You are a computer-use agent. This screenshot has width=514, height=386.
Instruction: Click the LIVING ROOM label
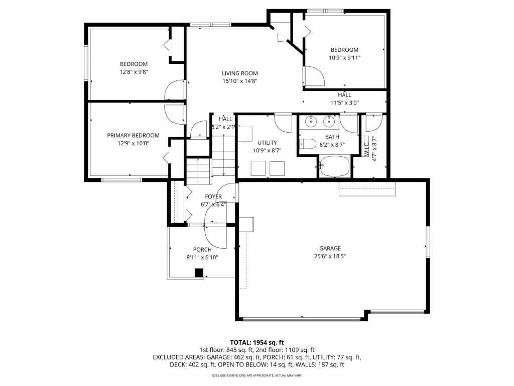pyautogui.click(x=239, y=73)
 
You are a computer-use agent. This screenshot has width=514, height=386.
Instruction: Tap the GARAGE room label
pyautogui.click(x=330, y=248)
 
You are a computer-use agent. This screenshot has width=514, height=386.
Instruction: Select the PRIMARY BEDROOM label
pyautogui.click(x=133, y=135)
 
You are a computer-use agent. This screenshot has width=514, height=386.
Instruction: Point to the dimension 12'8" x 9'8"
pyautogui.click(x=134, y=72)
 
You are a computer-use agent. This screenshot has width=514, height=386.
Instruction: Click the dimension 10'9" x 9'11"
pyautogui.click(x=344, y=58)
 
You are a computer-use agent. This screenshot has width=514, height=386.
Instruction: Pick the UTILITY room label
pyautogui.click(x=267, y=143)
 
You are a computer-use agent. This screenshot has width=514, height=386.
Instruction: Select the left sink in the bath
pyautogui.click(x=311, y=121)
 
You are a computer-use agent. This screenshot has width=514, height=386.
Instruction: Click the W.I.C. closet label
pyautogui.click(x=367, y=148)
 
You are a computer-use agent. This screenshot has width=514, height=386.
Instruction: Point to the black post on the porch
pyautogui.click(x=199, y=273)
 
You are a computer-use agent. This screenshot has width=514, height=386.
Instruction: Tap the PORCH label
pyautogui.click(x=202, y=250)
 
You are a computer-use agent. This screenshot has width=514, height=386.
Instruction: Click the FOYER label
pyautogui.click(x=213, y=197)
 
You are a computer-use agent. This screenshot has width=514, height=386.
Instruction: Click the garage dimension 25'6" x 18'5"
pyautogui.click(x=330, y=256)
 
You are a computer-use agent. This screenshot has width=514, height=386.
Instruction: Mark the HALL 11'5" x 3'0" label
pyautogui.click(x=344, y=99)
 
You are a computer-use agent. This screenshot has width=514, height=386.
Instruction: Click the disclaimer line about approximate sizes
pyautogui.click(x=256, y=375)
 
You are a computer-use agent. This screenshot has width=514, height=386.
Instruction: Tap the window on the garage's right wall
pyautogui.click(x=428, y=242)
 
